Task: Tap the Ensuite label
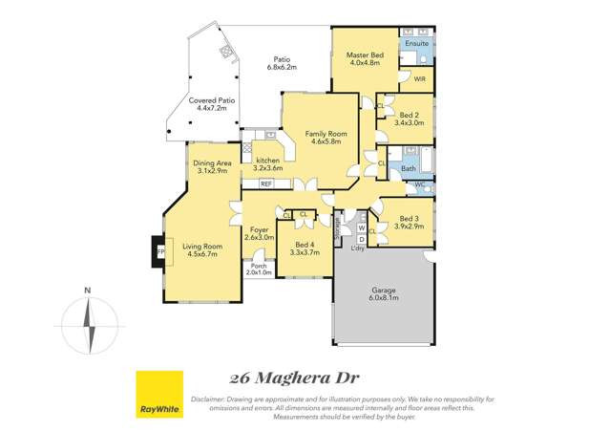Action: pyautogui.click(x=416, y=44)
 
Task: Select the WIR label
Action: pyautogui.click(x=419, y=79)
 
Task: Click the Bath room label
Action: pyautogui.click(x=409, y=168)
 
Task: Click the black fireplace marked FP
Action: pyautogui.click(x=157, y=251)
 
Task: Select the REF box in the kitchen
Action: pyautogui.click(x=266, y=183)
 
